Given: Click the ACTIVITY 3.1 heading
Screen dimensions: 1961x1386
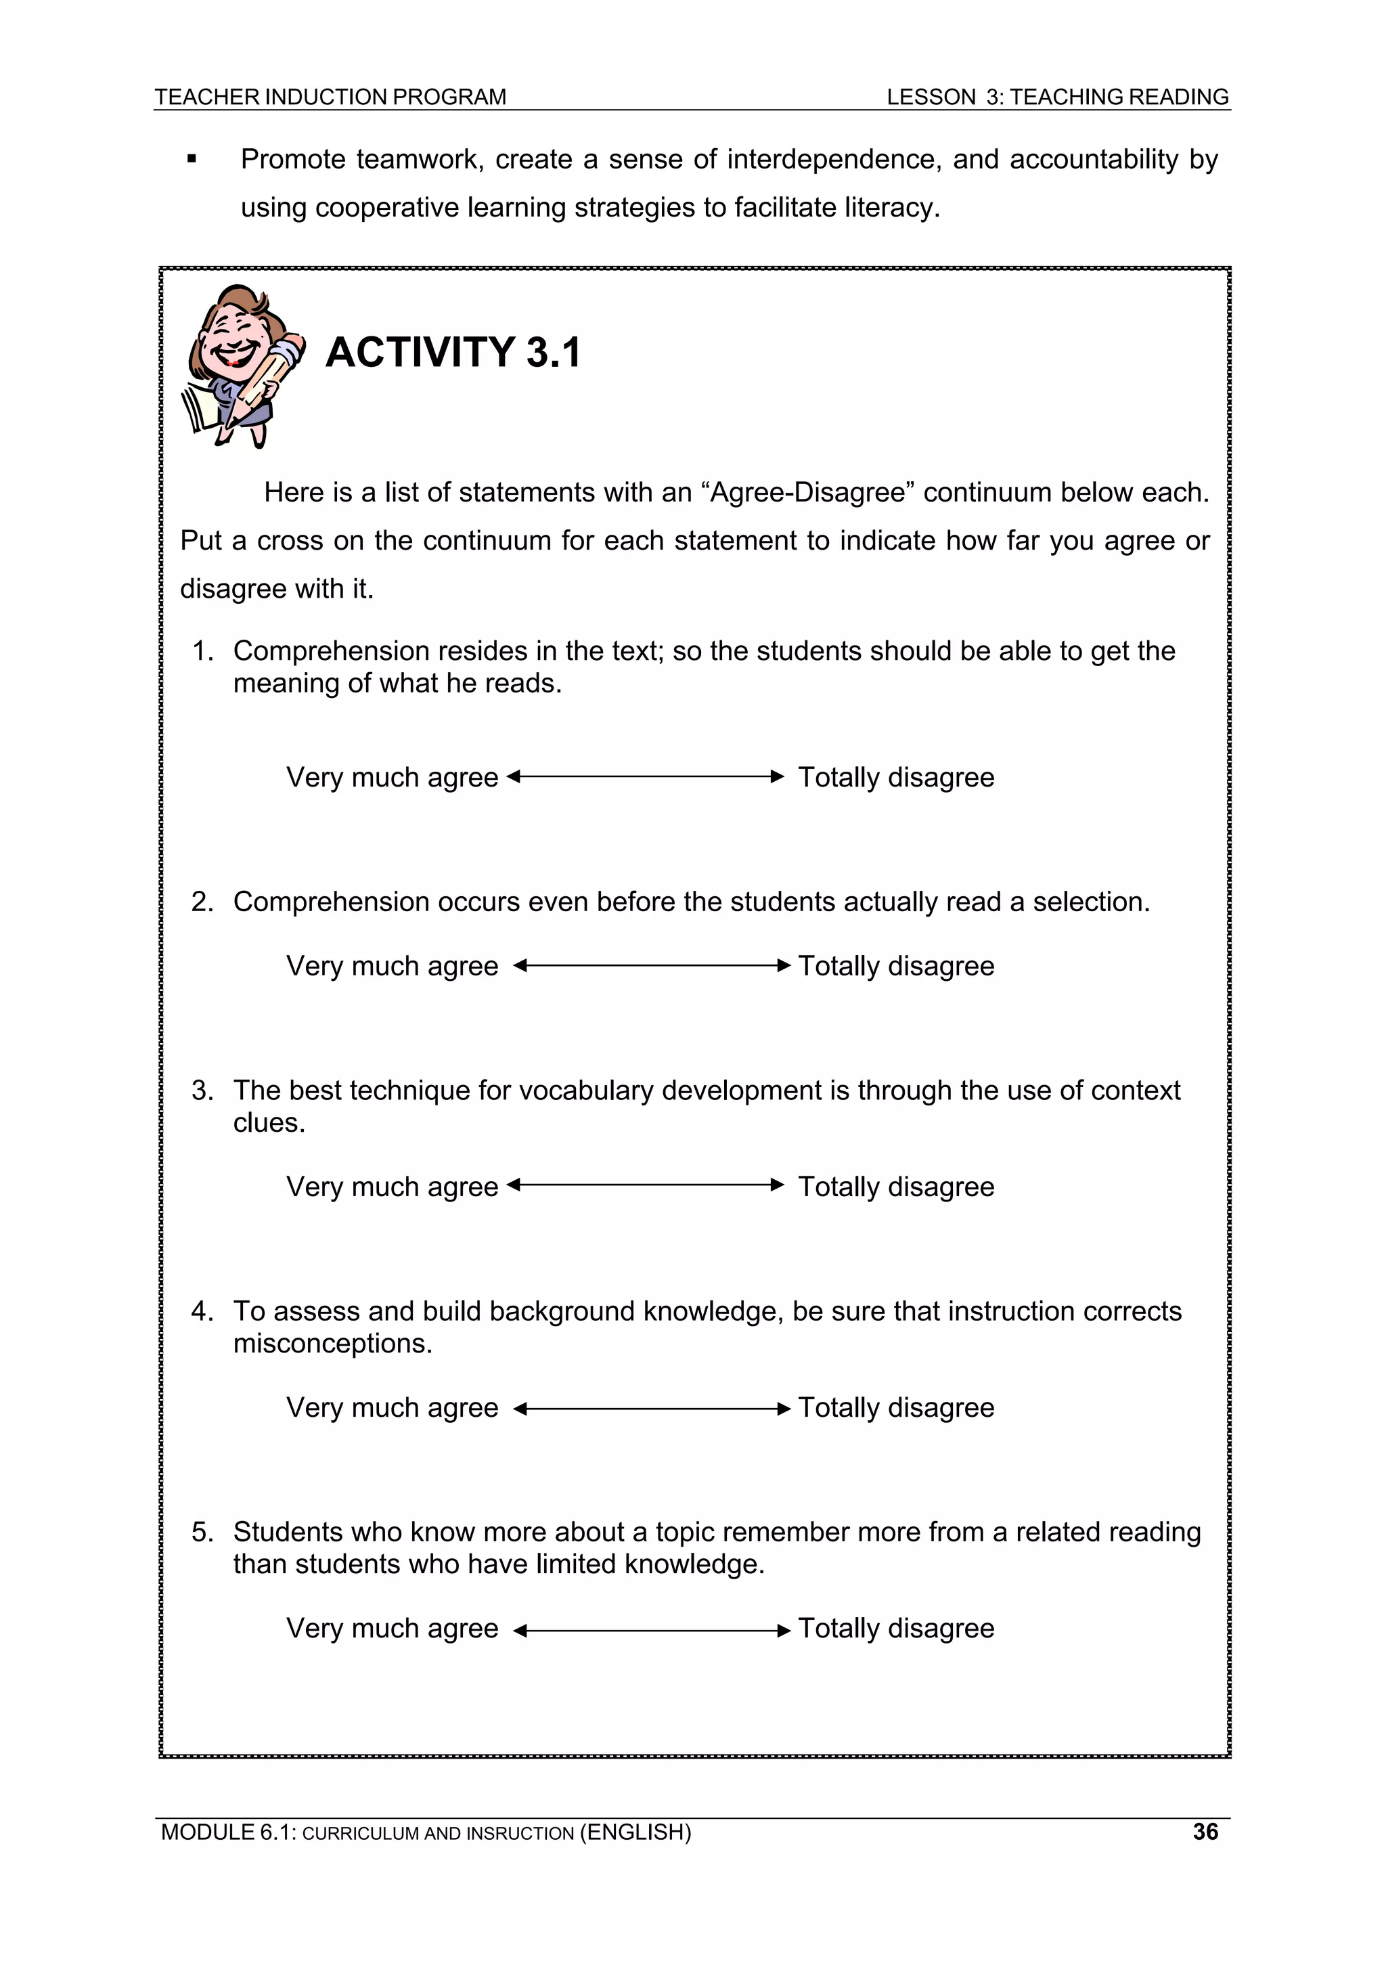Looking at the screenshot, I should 453,352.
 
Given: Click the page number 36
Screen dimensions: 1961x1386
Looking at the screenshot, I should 1205,1831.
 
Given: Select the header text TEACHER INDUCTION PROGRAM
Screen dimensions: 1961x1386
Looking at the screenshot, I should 330,97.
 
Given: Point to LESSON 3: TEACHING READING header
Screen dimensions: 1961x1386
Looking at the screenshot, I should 1057,97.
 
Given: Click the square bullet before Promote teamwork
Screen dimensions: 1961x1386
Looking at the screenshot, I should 192,159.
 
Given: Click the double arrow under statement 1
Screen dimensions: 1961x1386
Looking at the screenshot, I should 645,776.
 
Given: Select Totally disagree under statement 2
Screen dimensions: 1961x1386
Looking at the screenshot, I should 896,966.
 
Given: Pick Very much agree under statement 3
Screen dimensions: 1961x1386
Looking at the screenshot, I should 392,1187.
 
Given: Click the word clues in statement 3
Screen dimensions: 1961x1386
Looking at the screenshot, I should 268,1122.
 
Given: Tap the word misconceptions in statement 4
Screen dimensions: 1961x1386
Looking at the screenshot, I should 332,1344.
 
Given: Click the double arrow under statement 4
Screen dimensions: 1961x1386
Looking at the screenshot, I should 652,1409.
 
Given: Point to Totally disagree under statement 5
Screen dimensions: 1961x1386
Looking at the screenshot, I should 896,1628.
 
